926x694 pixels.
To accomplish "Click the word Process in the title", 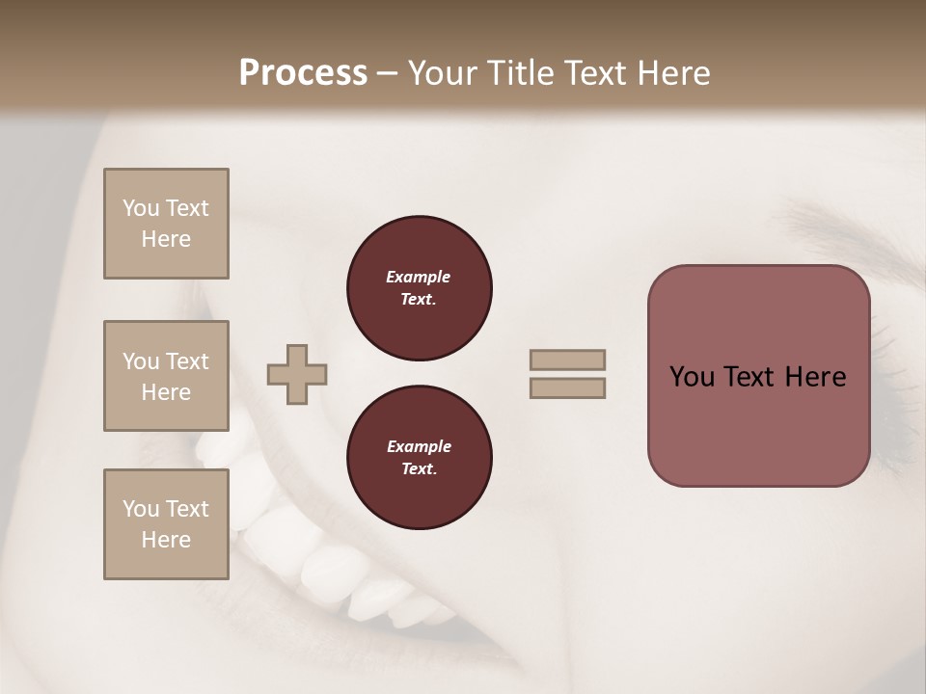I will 303,73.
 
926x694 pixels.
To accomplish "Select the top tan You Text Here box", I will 166,224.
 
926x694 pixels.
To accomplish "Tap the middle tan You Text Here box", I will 166,376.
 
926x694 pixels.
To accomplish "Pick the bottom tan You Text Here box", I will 166,524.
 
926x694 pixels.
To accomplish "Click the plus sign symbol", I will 297,374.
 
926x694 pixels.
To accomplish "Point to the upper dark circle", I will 419,288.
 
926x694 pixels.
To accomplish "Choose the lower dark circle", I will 419,458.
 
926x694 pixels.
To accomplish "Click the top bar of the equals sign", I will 567,360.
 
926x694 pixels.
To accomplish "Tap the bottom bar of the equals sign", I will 567,387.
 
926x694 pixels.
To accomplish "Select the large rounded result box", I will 758,376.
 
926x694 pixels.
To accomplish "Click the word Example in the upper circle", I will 419,277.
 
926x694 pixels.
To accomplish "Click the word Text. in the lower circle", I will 419,469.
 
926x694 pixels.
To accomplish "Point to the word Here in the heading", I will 674,73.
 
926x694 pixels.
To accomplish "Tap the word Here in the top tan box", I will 166,239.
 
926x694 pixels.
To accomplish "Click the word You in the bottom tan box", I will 141,509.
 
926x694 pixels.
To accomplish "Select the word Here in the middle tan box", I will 166,392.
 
